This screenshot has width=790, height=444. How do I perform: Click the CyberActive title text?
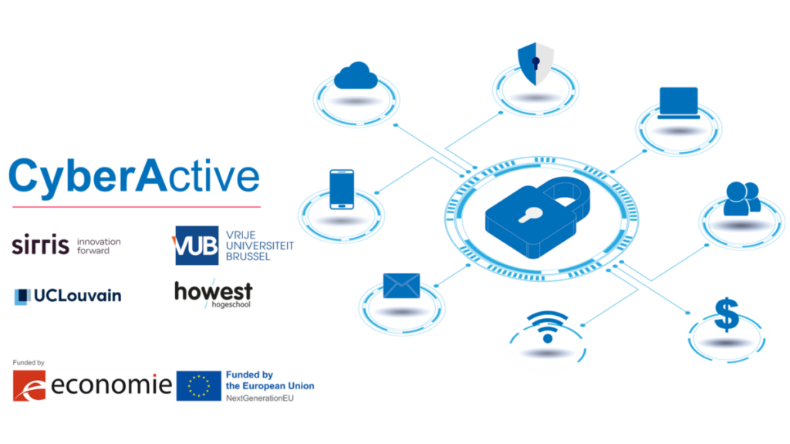coord(134,177)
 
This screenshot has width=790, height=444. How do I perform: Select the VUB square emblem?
coord(196,243)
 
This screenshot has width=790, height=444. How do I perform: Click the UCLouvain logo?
coord(68,295)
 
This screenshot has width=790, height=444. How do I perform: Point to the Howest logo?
coord(212,294)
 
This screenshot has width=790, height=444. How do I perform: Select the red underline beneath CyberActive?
coord(136,206)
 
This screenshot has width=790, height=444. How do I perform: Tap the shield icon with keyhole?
coord(535,65)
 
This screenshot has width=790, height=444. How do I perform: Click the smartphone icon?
coord(342,190)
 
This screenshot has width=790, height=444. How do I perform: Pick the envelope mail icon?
coord(402,286)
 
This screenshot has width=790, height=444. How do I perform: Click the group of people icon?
coord(742,199)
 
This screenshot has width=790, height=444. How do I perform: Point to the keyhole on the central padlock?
coord(529,215)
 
